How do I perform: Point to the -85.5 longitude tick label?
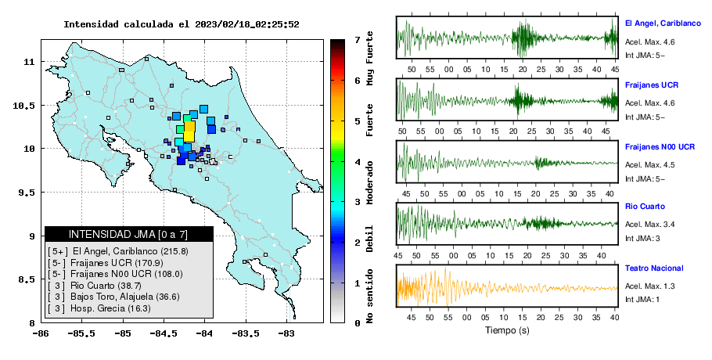click(x=82, y=333)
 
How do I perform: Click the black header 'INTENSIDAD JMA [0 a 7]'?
click(x=128, y=234)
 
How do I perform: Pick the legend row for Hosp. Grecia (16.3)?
click(x=99, y=308)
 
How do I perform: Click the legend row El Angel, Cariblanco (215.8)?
click(x=118, y=251)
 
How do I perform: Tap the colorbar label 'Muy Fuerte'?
click(x=369, y=59)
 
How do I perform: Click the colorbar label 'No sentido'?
click(x=369, y=296)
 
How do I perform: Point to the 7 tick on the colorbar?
click(x=358, y=40)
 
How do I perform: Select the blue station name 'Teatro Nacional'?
click(x=654, y=268)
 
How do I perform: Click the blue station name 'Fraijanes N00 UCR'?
click(x=660, y=147)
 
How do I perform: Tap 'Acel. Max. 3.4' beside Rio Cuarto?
click(x=649, y=225)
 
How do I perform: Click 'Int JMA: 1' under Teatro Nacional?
click(x=642, y=300)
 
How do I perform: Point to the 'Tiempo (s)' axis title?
click(x=507, y=330)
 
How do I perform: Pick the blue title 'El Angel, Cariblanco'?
click(x=663, y=23)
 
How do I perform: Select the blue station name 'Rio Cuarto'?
click(x=645, y=207)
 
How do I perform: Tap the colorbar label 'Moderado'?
click(x=369, y=182)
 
